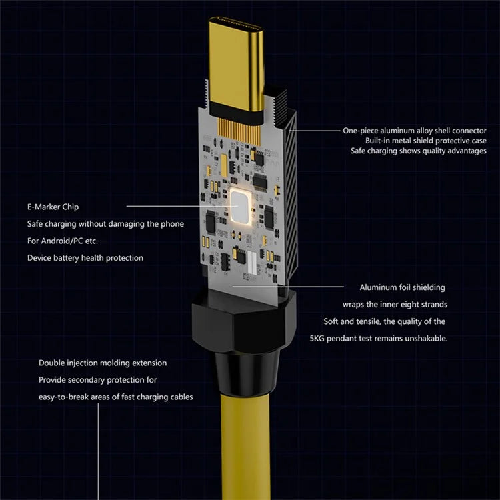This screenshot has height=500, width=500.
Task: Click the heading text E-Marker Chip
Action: (x=53, y=207)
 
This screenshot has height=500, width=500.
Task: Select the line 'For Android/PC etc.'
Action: (x=67, y=241)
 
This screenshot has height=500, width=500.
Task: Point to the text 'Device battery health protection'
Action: (x=85, y=257)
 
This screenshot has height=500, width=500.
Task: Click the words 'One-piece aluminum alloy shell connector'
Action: (x=414, y=131)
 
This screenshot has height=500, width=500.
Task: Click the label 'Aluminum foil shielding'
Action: (x=402, y=287)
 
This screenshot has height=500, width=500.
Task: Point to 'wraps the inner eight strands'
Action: (x=395, y=305)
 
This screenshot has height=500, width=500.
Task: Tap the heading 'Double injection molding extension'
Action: (x=103, y=363)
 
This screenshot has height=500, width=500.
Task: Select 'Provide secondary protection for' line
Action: (x=97, y=380)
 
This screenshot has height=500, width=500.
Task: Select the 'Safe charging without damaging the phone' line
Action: (x=105, y=224)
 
